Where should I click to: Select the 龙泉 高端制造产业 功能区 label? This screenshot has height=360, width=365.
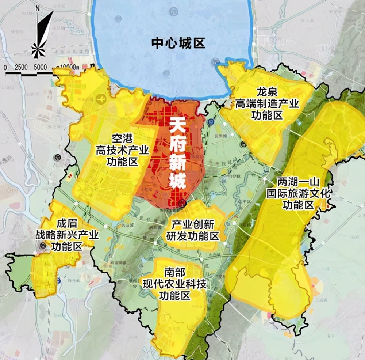pos(267,103)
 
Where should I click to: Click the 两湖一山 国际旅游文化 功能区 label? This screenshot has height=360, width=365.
pos(298,193)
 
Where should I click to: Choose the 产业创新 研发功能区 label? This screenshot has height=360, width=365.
pos(193,230)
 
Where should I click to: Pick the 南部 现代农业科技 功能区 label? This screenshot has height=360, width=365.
pos(175,284)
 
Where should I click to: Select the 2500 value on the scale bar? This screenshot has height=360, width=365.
pos(22,67)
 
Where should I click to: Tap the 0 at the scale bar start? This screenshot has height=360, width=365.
pos(5,67)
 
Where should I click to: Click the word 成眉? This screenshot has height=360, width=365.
pos(67,223)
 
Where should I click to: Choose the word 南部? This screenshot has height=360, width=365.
pos(175,272)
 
